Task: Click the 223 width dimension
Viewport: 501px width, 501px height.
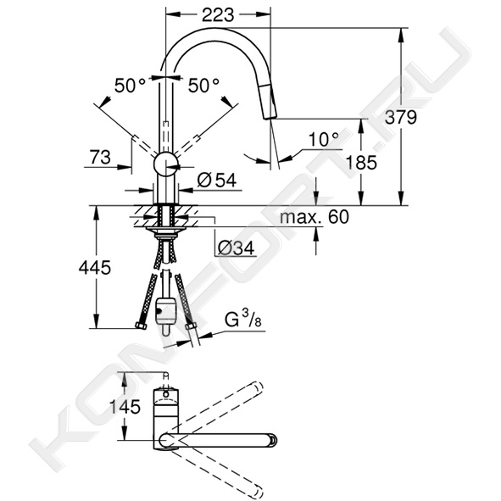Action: click(218, 14)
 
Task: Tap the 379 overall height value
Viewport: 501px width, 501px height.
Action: click(401, 117)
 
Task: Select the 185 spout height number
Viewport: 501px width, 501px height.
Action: click(361, 162)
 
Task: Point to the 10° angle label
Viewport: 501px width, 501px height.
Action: click(324, 140)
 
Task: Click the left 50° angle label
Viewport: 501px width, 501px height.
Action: click(130, 86)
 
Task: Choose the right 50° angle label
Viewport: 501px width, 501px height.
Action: click(203, 86)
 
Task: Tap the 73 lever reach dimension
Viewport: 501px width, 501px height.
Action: click(100, 157)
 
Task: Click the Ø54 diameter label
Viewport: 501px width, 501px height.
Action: click(217, 180)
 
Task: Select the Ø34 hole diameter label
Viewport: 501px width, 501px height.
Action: click(237, 248)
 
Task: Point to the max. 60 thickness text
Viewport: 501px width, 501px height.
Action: click(315, 217)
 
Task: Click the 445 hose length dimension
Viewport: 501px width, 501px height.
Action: click(95, 267)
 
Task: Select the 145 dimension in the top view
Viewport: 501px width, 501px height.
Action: click(125, 407)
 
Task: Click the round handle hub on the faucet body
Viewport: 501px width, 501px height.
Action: click(165, 164)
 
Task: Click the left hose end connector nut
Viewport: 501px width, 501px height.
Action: click(141, 326)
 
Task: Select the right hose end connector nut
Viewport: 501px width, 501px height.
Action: click(191, 326)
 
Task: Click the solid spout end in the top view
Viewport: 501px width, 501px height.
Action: click(274, 439)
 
